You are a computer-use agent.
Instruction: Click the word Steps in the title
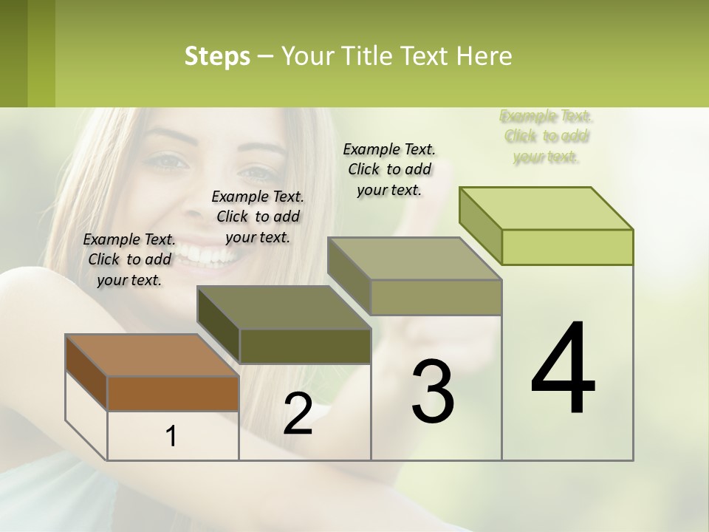point(217,56)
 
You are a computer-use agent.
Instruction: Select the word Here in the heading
point(484,56)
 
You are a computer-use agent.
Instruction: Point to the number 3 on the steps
point(433,391)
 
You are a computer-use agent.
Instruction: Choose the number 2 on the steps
point(298,414)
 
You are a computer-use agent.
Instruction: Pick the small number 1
point(171,437)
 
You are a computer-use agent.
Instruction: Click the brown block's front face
point(173,393)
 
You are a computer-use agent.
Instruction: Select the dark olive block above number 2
point(305,346)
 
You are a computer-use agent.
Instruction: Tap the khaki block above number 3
point(436,297)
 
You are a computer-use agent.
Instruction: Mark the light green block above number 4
point(567,247)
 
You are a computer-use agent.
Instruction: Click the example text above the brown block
point(129,259)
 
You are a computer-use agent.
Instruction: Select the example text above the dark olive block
point(258,216)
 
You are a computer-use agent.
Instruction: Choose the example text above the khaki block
point(389,169)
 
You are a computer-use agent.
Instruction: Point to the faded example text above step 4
point(546,136)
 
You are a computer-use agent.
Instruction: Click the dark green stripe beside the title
point(14,53)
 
